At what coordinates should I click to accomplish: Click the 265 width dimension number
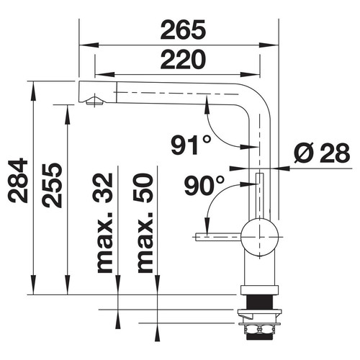click(183, 30)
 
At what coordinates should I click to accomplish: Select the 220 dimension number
click(183, 59)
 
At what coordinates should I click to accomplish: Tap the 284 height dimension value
click(18, 180)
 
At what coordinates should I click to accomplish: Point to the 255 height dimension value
click(52, 185)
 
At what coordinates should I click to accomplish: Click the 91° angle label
click(192, 145)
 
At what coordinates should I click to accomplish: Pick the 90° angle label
click(204, 185)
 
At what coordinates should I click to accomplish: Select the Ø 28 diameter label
click(322, 153)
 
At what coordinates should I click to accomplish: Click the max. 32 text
click(104, 223)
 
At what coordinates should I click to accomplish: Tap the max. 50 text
click(145, 223)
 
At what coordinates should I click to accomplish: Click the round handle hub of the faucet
click(259, 237)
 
